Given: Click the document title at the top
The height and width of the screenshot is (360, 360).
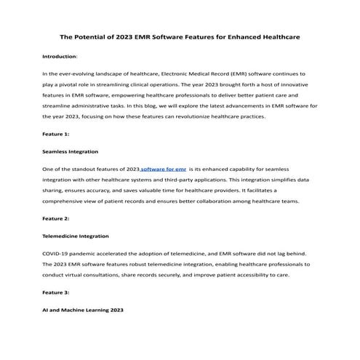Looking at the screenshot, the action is click(180, 36).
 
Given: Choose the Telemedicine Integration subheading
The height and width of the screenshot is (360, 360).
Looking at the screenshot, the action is click(77, 236).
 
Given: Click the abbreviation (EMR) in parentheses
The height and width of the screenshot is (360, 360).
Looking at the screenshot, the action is click(248, 74).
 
